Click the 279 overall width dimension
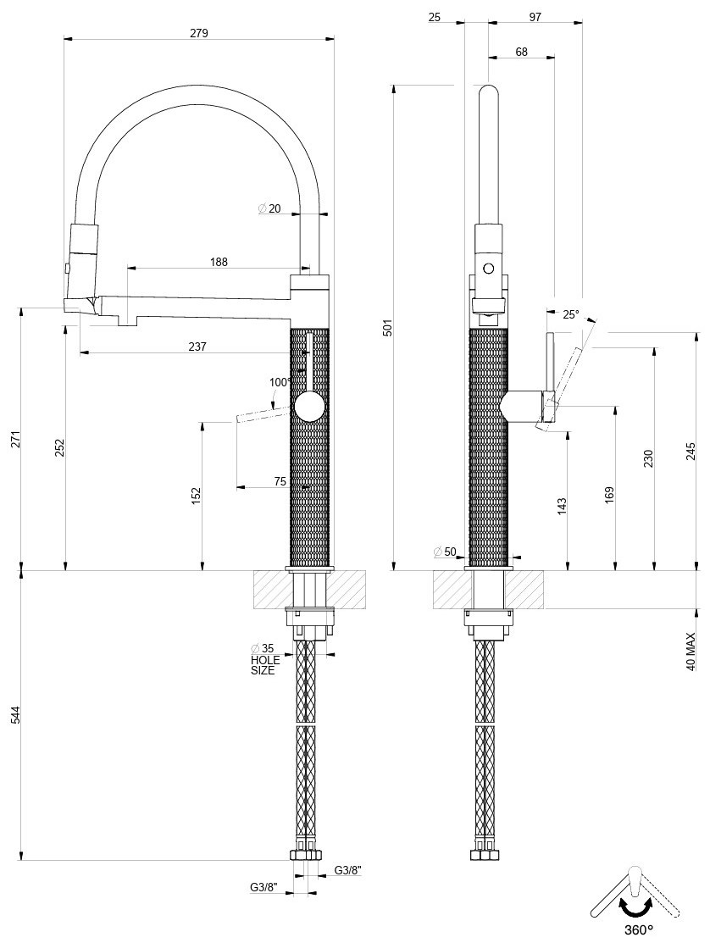pyautogui.click(x=198, y=33)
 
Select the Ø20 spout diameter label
pyautogui.click(x=269, y=208)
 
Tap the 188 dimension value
pyautogui.click(x=219, y=262)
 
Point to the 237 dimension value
pyautogui.click(x=197, y=347)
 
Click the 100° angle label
pyautogui.click(x=280, y=382)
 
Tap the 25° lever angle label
pyautogui.click(x=570, y=314)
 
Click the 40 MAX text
pyautogui.click(x=691, y=652)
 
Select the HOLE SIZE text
pyautogui.click(x=265, y=665)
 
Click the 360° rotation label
pyautogui.click(x=638, y=929)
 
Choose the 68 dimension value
pyautogui.click(x=521, y=52)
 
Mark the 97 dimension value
pyautogui.click(x=535, y=18)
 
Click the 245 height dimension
pyautogui.click(x=691, y=452)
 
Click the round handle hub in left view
pyautogui.click(x=309, y=407)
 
